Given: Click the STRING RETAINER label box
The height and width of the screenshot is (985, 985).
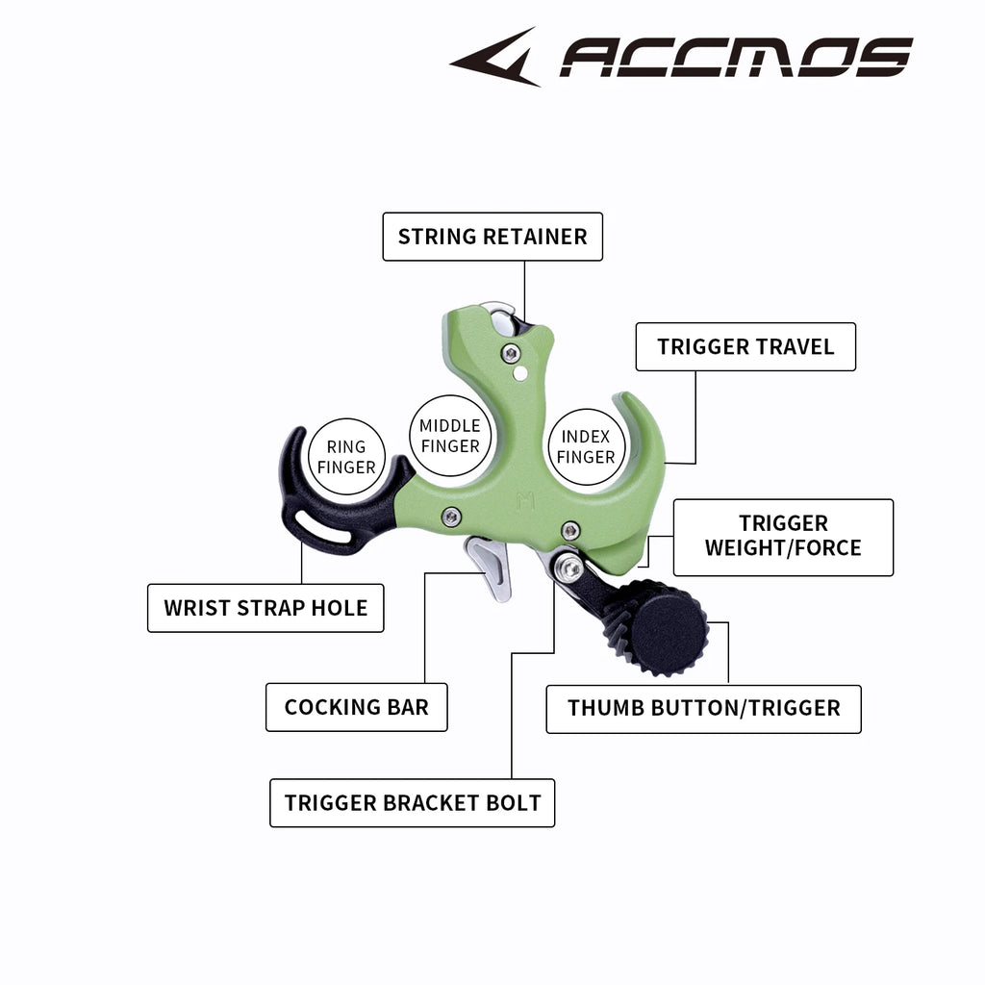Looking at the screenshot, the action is pyautogui.click(x=492, y=237).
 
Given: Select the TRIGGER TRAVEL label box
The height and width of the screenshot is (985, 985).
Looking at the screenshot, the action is pyautogui.click(x=745, y=346).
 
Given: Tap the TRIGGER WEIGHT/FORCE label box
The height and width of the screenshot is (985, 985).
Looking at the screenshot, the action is pyautogui.click(x=783, y=537).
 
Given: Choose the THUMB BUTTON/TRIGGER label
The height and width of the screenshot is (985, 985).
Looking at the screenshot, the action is pyautogui.click(x=703, y=709).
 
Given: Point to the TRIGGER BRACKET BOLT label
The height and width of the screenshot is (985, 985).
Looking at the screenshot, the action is pyautogui.click(x=412, y=803).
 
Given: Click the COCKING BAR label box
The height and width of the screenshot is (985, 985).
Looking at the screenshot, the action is pyautogui.click(x=356, y=707).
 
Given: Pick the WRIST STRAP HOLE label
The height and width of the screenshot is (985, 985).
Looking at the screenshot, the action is pyautogui.click(x=265, y=608).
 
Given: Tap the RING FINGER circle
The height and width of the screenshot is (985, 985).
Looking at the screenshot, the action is pyautogui.click(x=346, y=457).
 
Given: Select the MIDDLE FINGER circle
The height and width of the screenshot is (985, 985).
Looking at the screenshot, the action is pyautogui.click(x=450, y=436).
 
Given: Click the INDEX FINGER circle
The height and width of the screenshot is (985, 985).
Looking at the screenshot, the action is pyautogui.click(x=586, y=446).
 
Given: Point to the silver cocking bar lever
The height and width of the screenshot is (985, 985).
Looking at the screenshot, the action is pyautogui.click(x=490, y=566).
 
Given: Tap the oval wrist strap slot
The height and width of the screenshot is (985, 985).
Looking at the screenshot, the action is pyautogui.click(x=323, y=526).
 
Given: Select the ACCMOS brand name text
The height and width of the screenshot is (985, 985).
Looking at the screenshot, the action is pyautogui.click(x=736, y=57).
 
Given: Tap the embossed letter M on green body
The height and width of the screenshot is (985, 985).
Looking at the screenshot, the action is pyautogui.click(x=525, y=501).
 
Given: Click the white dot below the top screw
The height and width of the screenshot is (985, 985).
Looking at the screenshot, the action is pyautogui.click(x=520, y=374).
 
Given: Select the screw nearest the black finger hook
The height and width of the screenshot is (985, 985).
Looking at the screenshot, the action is pyautogui.click(x=450, y=517).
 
